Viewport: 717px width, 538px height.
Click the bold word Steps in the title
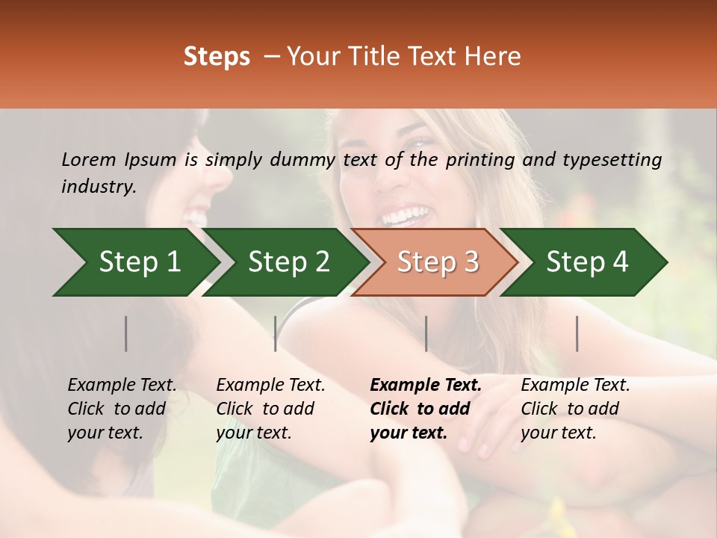217,57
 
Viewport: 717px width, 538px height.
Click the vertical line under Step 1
126,333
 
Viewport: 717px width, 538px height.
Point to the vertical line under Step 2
276,333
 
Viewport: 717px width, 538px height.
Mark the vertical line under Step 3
426,333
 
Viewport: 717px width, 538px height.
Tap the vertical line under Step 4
577,333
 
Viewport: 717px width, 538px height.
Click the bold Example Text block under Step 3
425,409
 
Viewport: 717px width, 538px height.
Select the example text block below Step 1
122,409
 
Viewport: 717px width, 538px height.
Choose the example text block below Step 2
270,409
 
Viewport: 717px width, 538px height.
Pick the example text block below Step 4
575,409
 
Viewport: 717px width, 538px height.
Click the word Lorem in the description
88,159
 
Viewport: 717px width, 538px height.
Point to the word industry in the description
99,186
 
